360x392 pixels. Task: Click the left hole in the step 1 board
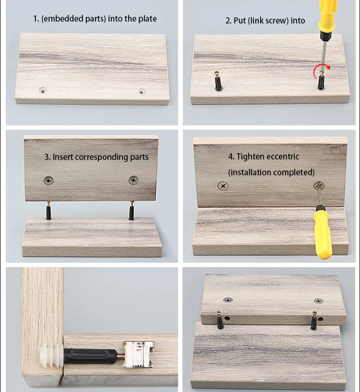point(43,90)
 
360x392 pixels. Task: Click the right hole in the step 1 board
point(142,91)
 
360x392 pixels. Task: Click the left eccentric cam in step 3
point(48,181)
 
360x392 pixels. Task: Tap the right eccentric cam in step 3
point(133,180)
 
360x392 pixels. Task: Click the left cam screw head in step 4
point(223,185)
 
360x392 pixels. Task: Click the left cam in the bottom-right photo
point(228,300)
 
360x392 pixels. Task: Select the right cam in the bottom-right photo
point(318,301)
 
